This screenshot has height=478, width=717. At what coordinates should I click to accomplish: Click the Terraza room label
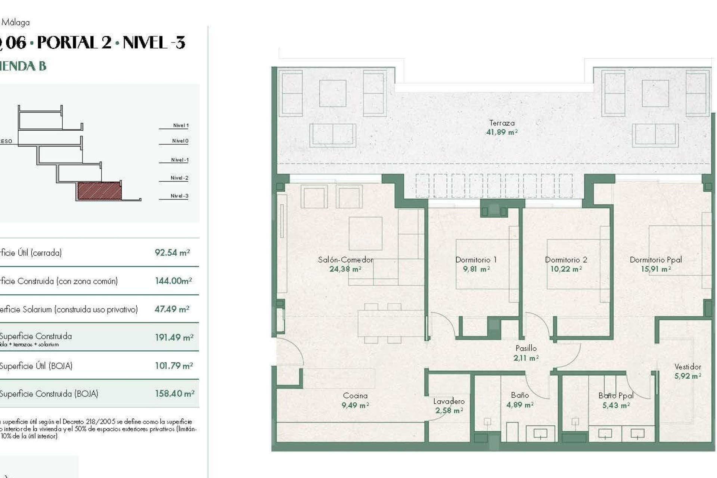tap(502, 123)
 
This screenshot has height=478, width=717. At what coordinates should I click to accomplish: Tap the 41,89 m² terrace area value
tap(502, 132)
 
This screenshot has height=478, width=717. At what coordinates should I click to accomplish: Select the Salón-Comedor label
tap(345, 260)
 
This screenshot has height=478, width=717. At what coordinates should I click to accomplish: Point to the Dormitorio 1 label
tap(476, 260)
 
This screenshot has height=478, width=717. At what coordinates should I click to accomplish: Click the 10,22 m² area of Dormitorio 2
tap(566, 269)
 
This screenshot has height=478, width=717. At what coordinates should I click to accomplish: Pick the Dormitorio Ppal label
tap(655, 260)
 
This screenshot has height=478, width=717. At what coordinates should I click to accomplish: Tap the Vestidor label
tap(687, 367)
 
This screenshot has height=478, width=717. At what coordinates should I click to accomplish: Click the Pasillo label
tap(526, 348)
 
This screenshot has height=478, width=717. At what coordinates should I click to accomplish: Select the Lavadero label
tap(449, 401)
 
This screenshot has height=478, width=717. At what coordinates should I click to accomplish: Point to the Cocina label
tap(355, 395)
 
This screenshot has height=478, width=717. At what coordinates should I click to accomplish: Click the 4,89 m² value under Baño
tap(519, 405)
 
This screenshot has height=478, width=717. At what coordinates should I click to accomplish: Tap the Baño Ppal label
tap(615, 395)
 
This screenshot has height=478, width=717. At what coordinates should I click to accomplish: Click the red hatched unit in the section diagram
tap(99, 191)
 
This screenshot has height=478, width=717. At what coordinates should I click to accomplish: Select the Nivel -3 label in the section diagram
tap(179, 196)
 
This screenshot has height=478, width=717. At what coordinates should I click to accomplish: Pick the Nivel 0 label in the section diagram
tap(180, 141)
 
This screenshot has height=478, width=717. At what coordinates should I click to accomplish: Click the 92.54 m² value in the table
tap(172, 253)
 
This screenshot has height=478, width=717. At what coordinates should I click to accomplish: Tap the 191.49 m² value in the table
tap(174, 338)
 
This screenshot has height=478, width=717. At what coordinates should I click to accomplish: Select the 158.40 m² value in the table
tap(174, 394)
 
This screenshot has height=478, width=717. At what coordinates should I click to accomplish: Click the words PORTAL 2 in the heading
tap(74, 43)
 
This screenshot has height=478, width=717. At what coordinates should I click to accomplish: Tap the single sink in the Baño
tap(540, 434)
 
